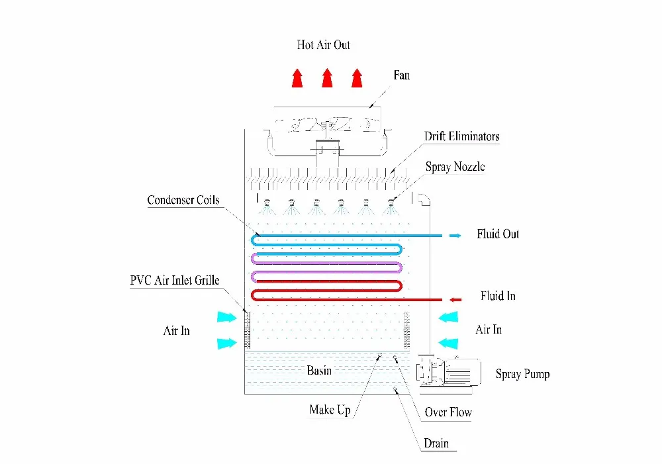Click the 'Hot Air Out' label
(x=323, y=45)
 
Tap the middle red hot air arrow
(x=326, y=77)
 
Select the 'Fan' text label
(x=401, y=75)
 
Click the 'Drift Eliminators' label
(x=461, y=137)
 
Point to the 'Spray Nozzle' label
(x=455, y=166)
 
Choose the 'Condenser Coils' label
(x=183, y=200)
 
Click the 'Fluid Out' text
(x=498, y=234)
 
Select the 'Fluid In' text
(x=498, y=296)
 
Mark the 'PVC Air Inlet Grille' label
(x=175, y=280)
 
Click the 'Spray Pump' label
(x=522, y=374)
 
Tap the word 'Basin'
(x=319, y=371)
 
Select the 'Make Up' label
(x=330, y=410)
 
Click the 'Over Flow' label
(x=448, y=412)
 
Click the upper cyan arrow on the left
(x=226, y=317)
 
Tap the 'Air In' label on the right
(x=489, y=329)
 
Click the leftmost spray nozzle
(x=267, y=203)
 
